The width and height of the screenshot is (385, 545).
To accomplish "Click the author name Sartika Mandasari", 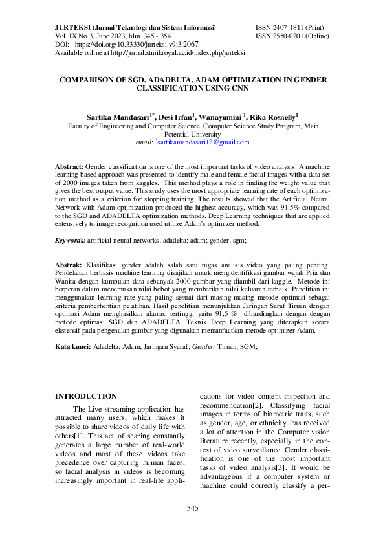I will [118, 117].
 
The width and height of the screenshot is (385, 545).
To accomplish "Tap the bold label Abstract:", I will [69, 166].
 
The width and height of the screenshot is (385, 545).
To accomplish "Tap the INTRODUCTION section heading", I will [85, 396].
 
